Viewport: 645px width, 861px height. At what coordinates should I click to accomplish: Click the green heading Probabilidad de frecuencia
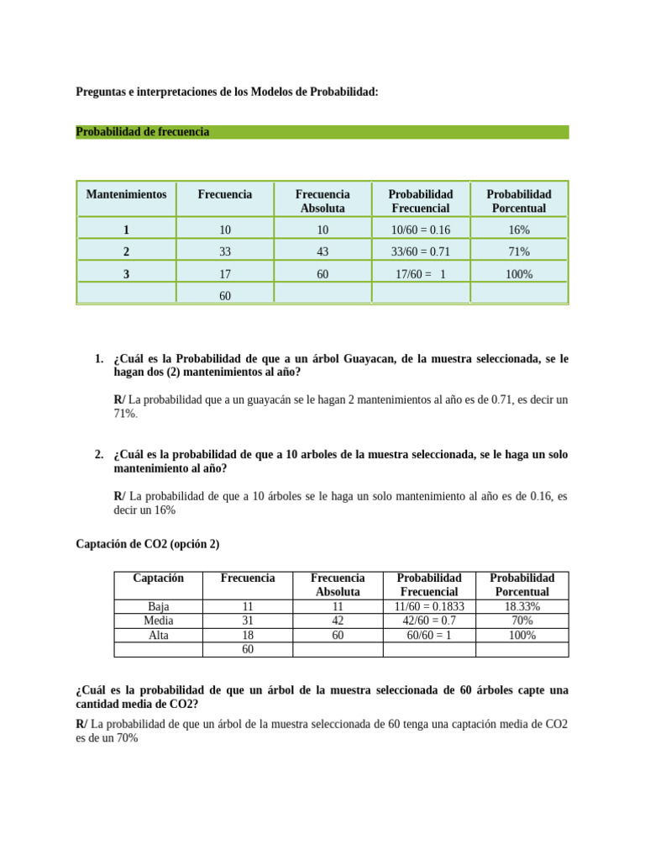[142, 132]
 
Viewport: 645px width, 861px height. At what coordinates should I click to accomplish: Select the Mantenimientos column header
[126, 194]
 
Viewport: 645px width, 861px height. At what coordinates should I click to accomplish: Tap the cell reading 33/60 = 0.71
[420, 251]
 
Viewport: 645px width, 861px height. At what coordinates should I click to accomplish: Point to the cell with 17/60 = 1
[420, 274]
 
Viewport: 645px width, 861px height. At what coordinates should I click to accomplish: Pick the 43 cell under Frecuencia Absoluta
[322, 251]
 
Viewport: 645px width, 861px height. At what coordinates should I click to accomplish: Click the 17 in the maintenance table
[225, 274]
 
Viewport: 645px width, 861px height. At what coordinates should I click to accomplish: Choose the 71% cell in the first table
[519, 251]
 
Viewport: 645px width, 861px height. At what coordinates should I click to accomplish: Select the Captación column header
[158, 578]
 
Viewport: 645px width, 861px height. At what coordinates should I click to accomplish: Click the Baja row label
[158, 606]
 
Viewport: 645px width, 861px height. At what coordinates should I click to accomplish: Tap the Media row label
[158, 621]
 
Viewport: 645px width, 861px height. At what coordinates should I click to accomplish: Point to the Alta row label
[158, 636]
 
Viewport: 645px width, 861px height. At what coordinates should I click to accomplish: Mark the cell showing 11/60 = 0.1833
[429, 606]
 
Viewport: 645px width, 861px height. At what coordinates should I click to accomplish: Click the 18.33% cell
[522, 606]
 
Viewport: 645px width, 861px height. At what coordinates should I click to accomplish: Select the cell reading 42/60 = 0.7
[429, 621]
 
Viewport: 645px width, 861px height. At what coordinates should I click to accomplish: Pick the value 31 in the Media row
[247, 621]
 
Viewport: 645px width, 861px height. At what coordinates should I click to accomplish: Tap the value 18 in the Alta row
[247, 636]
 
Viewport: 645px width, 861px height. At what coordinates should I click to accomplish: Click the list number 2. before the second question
[100, 455]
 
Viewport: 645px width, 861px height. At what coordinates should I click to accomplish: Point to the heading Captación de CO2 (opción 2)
[147, 544]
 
